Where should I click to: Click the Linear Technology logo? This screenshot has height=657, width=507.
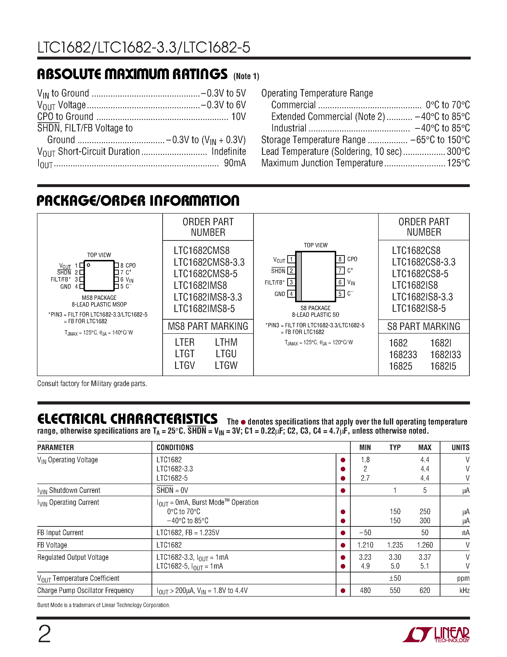coord(436,635)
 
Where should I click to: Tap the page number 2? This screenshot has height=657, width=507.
coord(44,634)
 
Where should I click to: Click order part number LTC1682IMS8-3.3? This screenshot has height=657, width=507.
coord(208,297)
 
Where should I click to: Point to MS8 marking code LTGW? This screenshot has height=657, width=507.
coord(226,366)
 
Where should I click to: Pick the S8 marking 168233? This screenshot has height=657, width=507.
coord(403,355)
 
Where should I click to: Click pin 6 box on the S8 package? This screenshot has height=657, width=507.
coord(340,282)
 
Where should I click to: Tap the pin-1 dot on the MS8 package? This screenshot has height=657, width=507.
coord(88,265)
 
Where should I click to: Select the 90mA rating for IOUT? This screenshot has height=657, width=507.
coord(235,163)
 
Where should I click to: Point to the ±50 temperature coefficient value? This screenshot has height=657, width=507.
coord(395,578)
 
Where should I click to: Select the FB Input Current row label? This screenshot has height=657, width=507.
coord(60,533)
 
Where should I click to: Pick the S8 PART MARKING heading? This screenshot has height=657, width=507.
coord(423,326)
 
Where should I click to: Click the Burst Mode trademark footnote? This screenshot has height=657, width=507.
coord(104,605)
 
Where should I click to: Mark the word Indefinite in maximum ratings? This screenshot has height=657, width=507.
coord(229,151)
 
